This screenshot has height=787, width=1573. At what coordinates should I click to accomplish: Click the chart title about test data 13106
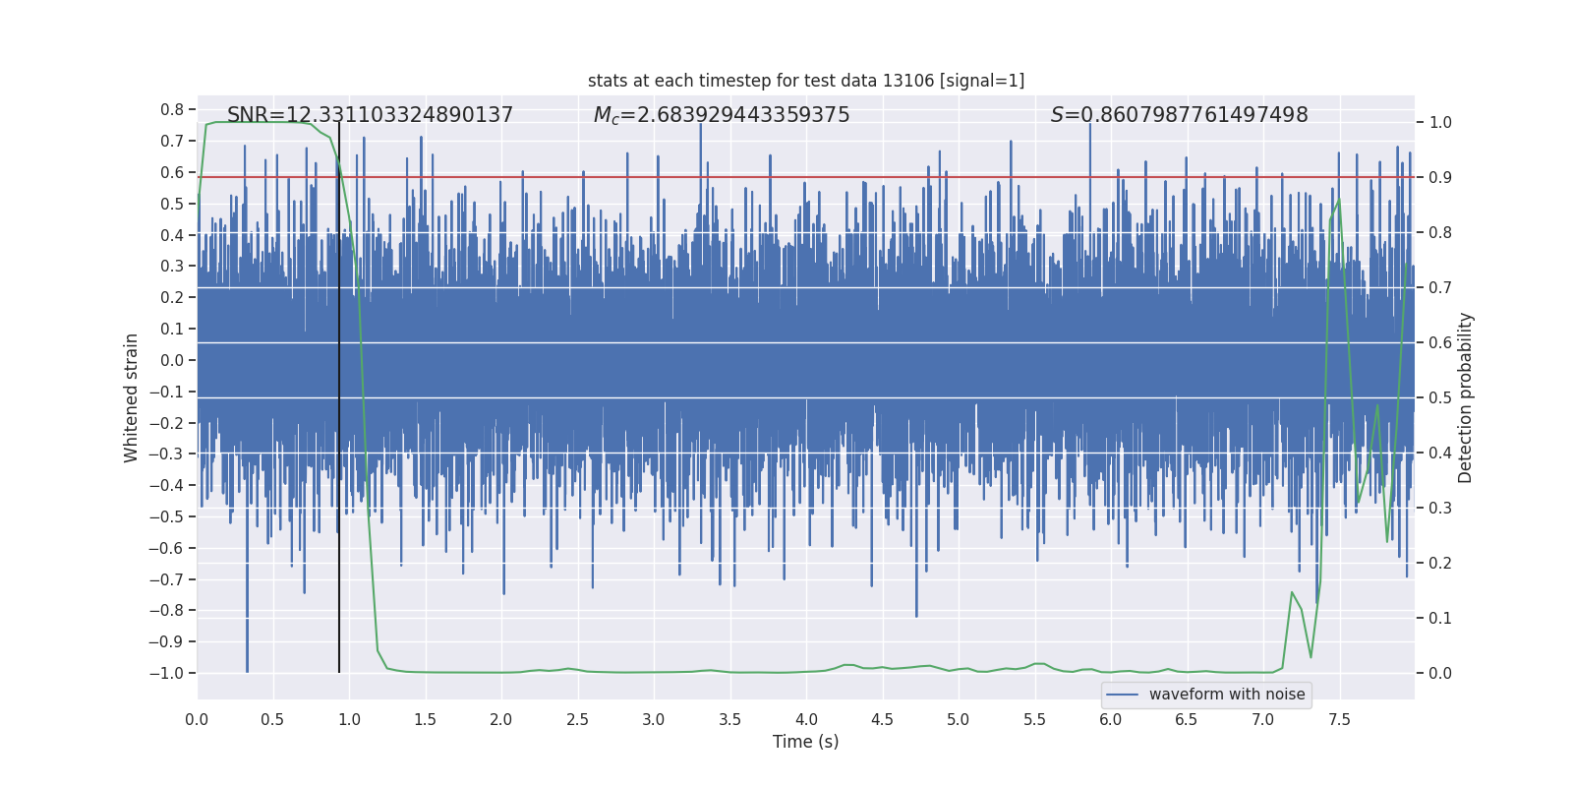click(806, 81)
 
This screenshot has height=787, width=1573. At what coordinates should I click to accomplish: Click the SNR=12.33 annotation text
click(370, 115)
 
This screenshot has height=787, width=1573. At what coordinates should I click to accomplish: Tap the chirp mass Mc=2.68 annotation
click(722, 115)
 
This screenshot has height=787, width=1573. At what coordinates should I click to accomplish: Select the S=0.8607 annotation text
click(1179, 115)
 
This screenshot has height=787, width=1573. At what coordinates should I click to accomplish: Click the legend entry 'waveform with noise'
click(1226, 695)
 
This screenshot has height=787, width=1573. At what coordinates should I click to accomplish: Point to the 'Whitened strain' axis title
click(132, 397)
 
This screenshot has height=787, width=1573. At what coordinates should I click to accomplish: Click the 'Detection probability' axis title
click(1465, 397)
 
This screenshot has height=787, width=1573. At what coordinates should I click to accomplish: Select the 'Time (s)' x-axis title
click(805, 742)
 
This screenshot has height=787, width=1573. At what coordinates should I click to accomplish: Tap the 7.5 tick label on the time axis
click(1339, 719)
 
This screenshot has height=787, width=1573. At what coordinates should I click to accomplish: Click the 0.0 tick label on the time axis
click(197, 719)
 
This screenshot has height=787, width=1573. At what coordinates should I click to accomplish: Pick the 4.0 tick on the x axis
click(806, 719)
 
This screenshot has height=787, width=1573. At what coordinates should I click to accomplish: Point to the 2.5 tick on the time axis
click(577, 719)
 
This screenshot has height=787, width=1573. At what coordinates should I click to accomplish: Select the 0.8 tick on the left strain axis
click(172, 109)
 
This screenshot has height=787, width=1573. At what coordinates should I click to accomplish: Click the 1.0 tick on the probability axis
click(1440, 123)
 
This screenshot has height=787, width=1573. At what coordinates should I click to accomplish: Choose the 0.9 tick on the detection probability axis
click(1440, 178)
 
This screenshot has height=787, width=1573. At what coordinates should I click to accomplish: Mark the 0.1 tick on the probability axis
click(1440, 618)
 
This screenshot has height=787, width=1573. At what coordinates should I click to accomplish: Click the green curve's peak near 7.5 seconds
click(1338, 200)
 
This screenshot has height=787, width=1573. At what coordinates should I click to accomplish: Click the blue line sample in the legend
click(1122, 695)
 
